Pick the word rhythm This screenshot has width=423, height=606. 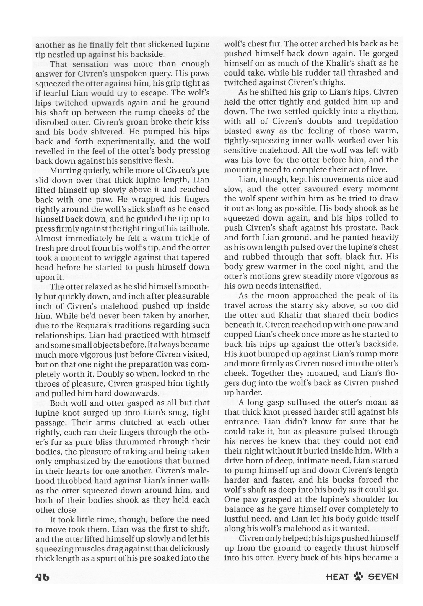click(383, 112)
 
